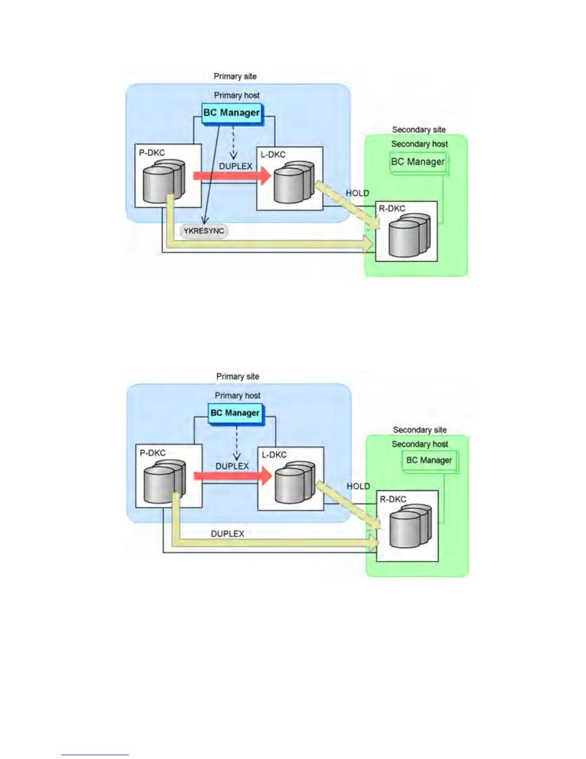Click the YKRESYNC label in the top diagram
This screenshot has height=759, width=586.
pos(204,231)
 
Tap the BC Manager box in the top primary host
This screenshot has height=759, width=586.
pos(232,113)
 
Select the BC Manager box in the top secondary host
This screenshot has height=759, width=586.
pos(417,162)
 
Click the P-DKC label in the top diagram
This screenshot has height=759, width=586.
pos(152,153)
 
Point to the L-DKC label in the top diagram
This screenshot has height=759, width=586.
pos(273,155)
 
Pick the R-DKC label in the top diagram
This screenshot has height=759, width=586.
pos(392,208)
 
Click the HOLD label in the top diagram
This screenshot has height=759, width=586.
pos(357,193)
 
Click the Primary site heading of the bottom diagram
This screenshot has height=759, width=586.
pos(237,377)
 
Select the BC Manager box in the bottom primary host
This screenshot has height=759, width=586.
pos(235,413)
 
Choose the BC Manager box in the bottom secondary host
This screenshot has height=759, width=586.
pos(429,460)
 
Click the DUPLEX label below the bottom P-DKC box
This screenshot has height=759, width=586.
pos(227,534)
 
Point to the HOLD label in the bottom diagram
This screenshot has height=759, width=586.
pos(358,486)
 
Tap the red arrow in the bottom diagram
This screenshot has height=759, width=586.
pos(233,476)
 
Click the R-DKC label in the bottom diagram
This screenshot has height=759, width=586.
pos(393,499)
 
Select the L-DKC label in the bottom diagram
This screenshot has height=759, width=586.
pos(274,455)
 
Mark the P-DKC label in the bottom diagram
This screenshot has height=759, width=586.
pos(153,453)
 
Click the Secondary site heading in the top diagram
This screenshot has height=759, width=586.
pos(418,130)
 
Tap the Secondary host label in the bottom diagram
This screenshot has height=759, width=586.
pos(420,444)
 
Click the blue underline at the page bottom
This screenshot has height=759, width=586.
pos(95,755)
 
